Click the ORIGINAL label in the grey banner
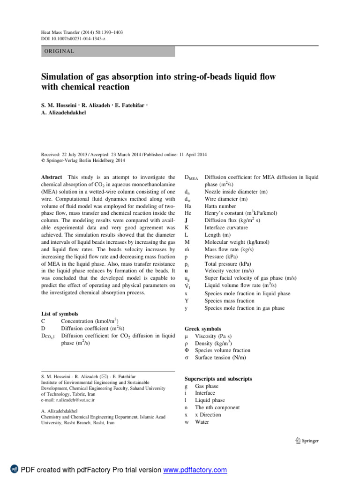(x=58, y=51)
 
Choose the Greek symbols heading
(x=202, y=329)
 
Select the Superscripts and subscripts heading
(x=218, y=378)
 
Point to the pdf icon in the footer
(x=14, y=470)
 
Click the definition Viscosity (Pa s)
(x=213, y=337)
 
